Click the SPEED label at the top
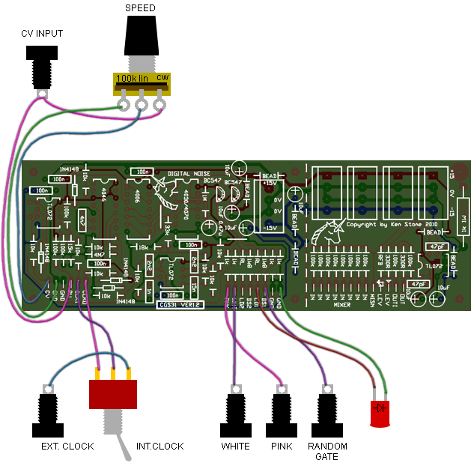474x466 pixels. tap(140, 7)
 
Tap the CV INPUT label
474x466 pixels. tap(41, 34)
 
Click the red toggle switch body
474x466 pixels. tap(114, 394)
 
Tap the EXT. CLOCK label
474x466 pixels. tap(67, 447)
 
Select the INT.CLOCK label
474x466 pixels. tap(159, 447)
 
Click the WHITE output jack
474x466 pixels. tap(236, 413)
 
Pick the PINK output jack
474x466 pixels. tap(282, 413)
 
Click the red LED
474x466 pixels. tap(381, 412)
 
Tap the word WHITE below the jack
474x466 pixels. tap(236, 447)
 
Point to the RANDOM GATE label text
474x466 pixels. tap(328, 452)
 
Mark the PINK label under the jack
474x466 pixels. tap(282, 447)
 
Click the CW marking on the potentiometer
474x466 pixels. tap(162, 77)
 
